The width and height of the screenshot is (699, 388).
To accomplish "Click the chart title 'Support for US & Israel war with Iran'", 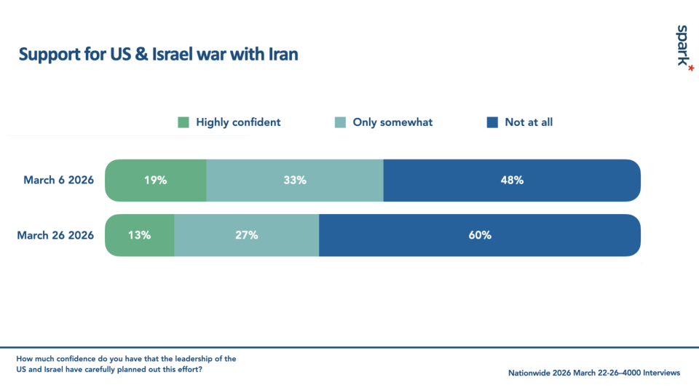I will coord(158,55).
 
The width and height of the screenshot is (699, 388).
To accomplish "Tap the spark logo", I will coord(682,46).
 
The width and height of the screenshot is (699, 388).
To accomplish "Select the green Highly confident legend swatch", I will coord(183,122).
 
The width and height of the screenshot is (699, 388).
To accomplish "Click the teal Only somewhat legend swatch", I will coord(340,122).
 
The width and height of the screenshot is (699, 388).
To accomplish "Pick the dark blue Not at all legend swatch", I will coord(492,122).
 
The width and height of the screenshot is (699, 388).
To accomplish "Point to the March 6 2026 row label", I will coord(58,180).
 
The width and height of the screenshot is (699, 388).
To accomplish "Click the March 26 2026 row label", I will coord(55,235).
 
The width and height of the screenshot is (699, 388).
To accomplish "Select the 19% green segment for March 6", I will coord(155,180).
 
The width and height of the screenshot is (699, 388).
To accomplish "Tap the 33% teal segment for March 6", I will coord(295,180).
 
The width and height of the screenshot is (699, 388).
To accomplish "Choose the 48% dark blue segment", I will coord(512,180).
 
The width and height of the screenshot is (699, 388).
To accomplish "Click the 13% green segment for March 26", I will coord(139,235).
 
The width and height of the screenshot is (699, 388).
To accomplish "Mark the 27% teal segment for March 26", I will coord(246,235).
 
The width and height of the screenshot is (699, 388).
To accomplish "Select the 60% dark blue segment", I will coord(480,235).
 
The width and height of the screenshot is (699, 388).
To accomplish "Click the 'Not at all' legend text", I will coord(529,122).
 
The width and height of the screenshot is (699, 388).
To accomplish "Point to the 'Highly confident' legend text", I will coord(238,122).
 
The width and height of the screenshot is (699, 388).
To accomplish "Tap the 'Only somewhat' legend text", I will coord(392,122).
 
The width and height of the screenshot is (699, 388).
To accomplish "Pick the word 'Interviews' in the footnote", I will coord(659,373).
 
